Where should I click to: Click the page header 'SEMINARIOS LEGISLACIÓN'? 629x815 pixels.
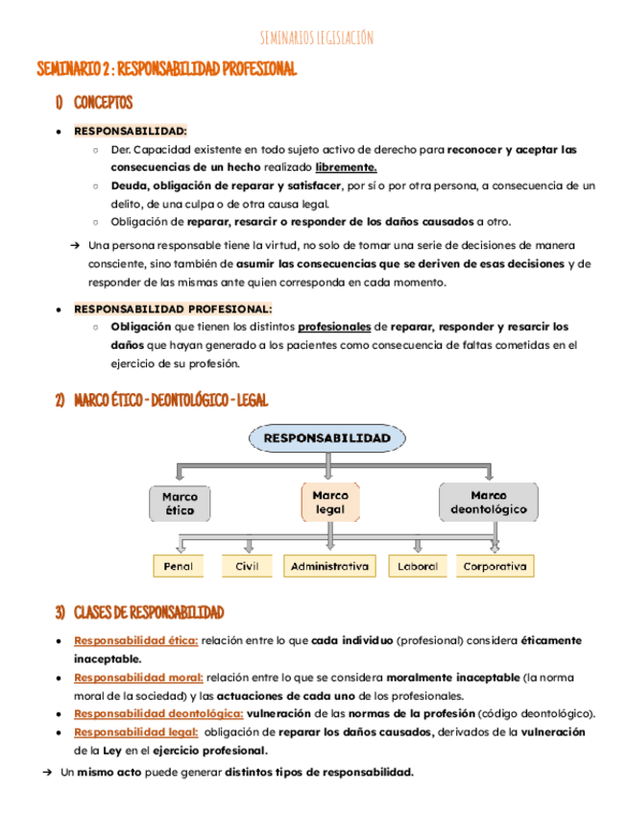point(316,37)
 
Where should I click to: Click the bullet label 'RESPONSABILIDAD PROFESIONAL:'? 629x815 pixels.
point(173,309)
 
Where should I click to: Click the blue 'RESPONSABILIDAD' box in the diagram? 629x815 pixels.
point(327,438)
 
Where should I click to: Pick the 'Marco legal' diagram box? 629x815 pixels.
point(329,502)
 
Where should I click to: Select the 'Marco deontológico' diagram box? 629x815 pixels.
point(489,501)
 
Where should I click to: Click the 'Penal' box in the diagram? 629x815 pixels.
point(179,567)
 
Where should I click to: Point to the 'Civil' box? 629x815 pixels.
point(247,567)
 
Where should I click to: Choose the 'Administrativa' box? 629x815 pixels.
point(329,567)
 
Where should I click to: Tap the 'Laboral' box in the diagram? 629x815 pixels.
point(418,567)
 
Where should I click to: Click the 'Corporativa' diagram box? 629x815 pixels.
point(494,567)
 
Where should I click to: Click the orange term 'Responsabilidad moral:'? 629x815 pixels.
point(138,678)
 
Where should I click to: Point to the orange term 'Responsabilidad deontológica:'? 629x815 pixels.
point(158,714)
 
